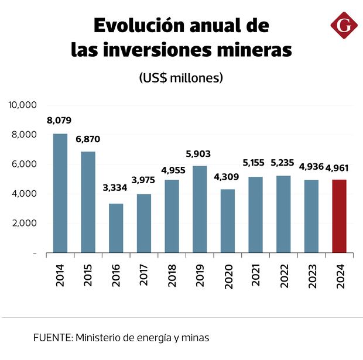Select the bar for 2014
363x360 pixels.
(60, 193)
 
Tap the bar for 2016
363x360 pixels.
(116, 228)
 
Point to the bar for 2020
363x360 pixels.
(228, 221)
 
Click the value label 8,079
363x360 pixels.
(59, 121)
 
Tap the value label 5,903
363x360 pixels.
(199, 154)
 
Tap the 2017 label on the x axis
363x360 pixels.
(144, 274)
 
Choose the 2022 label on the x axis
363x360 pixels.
(284, 274)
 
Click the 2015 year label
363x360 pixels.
(88, 274)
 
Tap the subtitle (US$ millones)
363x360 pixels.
(181, 78)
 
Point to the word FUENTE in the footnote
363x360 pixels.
(52, 337)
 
